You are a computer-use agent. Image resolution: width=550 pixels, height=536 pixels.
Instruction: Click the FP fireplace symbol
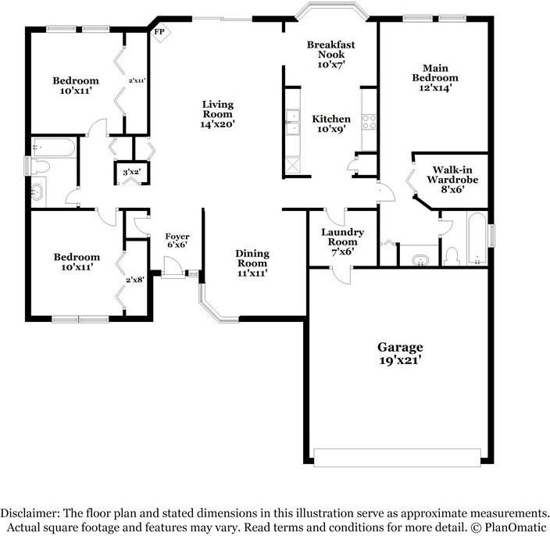click(160, 32)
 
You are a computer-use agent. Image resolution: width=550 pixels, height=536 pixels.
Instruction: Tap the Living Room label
click(218, 113)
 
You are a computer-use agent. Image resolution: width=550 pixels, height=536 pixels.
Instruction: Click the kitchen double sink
click(292, 123)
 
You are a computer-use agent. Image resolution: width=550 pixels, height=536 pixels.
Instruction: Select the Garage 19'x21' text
click(400, 353)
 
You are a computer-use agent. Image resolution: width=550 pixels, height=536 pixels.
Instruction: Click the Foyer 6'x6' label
click(177, 241)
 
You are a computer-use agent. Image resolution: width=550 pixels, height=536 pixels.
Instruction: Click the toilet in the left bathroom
click(41, 166)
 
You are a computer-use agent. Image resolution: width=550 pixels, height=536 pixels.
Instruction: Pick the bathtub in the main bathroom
click(476, 238)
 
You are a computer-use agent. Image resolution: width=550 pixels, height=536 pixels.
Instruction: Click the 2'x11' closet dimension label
click(137, 80)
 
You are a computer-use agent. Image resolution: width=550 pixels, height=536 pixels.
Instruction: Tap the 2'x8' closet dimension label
click(135, 279)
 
